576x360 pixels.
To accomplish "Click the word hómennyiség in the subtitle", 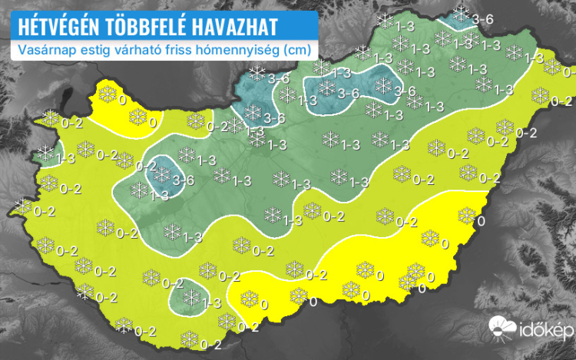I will [240, 50].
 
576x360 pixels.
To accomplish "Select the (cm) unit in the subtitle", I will [297, 50].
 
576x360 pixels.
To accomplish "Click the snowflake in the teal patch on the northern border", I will [461, 13].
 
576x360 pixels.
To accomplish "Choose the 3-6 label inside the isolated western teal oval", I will [183, 180].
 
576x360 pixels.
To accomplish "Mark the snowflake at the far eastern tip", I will [551, 68].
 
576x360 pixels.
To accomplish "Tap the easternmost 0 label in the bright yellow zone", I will [481, 221].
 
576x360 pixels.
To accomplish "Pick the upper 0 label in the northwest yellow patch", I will [122, 99].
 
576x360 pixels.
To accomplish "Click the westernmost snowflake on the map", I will [22, 206].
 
